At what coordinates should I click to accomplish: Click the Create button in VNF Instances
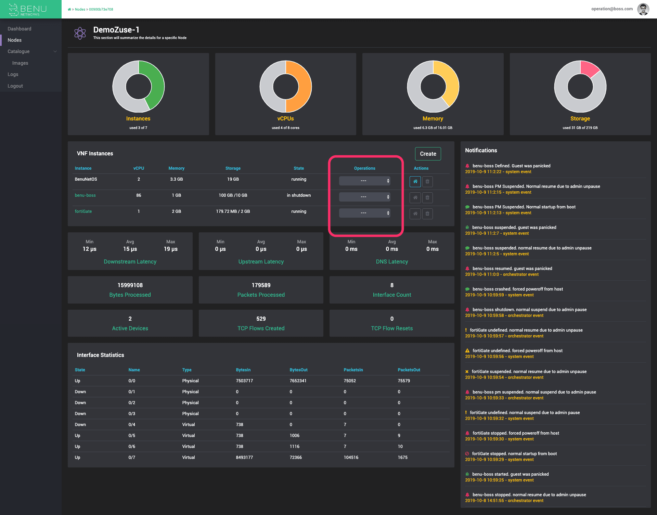click(428, 154)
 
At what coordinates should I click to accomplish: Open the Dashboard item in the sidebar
click(20, 29)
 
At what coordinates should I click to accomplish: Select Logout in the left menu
click(15, 86)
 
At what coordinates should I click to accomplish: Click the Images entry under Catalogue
click(20, 63)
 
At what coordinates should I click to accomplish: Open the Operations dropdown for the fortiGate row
click(364, 213)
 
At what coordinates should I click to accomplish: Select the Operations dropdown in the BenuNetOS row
click(364, 181)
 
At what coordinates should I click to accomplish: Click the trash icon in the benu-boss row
click(427, 197)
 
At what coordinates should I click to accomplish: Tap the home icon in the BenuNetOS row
click(415, 181)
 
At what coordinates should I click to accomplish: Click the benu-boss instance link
click(85, 195)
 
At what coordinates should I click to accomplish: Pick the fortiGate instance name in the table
click(83, 211)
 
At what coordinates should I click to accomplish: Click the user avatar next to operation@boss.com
click(643, 9)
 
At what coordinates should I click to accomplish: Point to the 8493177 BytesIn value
click(244, 458)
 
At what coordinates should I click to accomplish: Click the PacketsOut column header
click(409, 370)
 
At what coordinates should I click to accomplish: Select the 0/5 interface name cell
click(132, 436)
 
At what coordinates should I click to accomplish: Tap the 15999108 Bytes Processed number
click(130, 285)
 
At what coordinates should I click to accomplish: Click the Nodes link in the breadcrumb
click(80, 10)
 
